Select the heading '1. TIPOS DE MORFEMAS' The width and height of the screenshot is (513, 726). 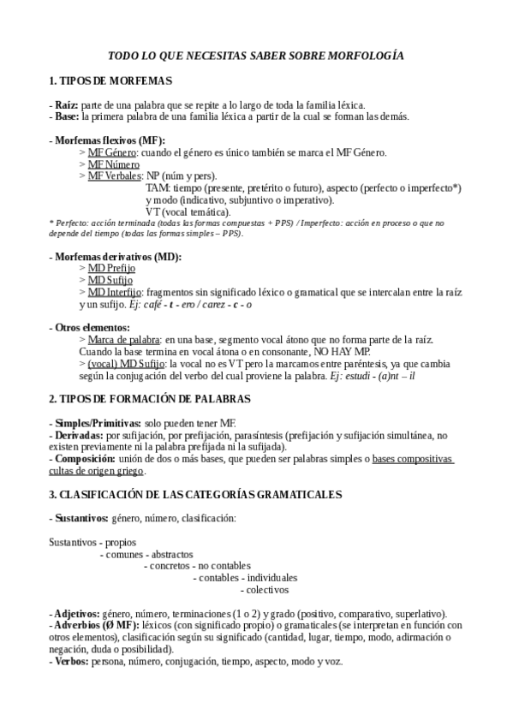click(x=110, y=81)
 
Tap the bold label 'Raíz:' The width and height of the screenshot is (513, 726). click(x=67, y=105)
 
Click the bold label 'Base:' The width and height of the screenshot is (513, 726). click(x=68, y=116)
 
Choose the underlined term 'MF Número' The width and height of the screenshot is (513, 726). click(x=114, y=164)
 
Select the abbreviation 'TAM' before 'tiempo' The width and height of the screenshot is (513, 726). click(x=157, y=187)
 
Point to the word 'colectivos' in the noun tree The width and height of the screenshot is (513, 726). click(x=265, y=590)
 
